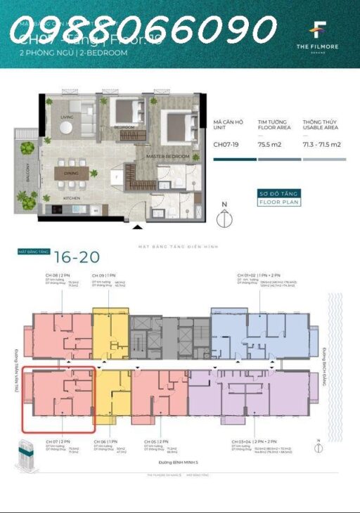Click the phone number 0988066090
click(x=143, y=30)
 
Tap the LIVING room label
click(x=67, y=117)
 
